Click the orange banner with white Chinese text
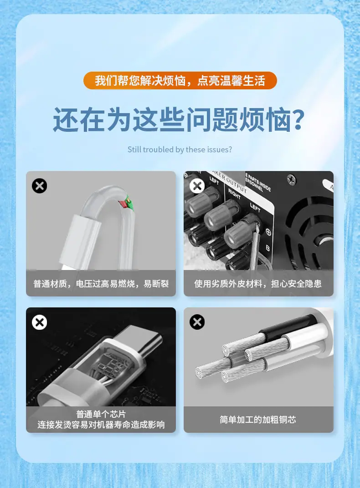coord(180,80)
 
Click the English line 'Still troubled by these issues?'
coord(180,150)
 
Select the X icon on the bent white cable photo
coord(40,186)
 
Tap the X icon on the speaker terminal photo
coord(197,186)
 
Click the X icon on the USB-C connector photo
coord(40,322)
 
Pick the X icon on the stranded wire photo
coord(197,322)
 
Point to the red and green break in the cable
coord(126,202)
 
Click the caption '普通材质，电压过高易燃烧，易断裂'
coord(101,284)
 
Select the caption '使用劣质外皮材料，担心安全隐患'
coord(258,284)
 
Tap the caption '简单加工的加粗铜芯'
coord(258,420)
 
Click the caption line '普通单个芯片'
coord(101,414)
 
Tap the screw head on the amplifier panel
coord(292,180)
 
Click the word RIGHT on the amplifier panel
coord(234,193)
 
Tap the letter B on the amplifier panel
coord(267,248)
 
